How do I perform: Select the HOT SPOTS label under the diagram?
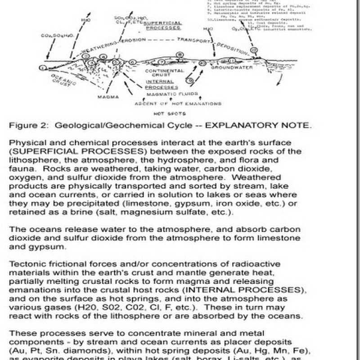click(x=164, y=114)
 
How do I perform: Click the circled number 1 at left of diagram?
click(x=43, y=67)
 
